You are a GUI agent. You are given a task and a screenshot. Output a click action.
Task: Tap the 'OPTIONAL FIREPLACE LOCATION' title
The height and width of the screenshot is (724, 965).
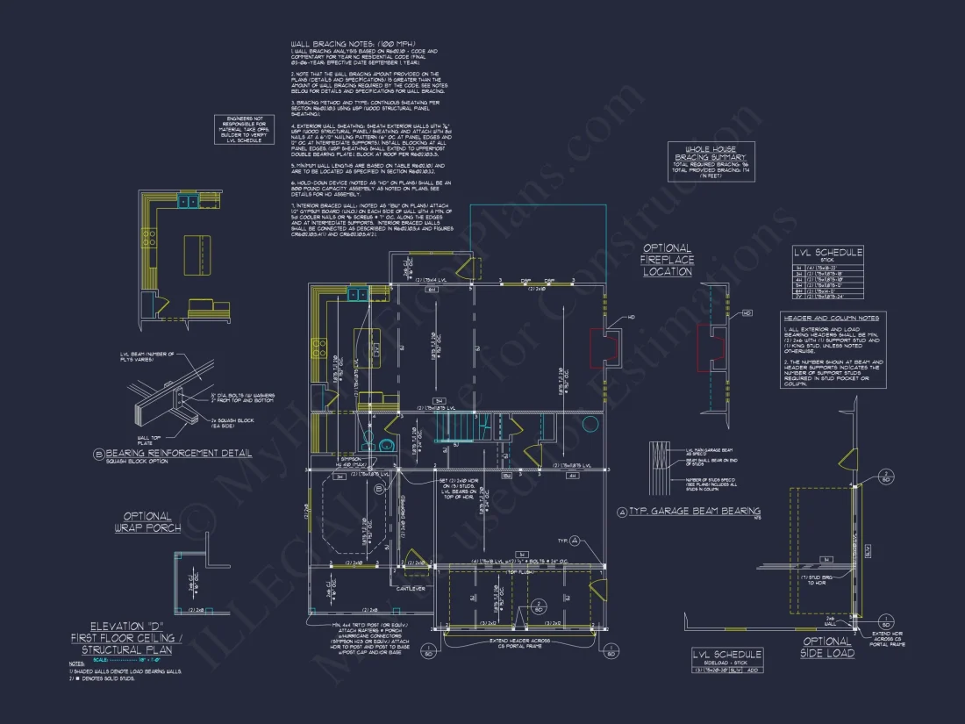pyautogui.click(x=668, y=260)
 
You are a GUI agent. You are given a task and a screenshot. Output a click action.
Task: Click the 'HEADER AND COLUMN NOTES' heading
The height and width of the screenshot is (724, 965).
pyautogui.click(x=831, y=318)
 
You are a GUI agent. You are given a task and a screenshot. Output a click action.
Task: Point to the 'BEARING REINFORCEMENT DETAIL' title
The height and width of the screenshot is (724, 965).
pyautogui.click(x=178, y=454)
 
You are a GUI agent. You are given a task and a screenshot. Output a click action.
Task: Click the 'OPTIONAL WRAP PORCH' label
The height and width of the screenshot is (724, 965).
pyautogui.click(x=147, y=522)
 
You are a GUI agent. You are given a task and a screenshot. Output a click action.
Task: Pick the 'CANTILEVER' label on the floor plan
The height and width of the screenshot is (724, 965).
pyautogui.click(x=411, y=587)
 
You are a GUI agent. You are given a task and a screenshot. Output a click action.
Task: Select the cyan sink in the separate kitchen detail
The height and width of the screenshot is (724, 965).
pyautogui.click(x=187, y=202)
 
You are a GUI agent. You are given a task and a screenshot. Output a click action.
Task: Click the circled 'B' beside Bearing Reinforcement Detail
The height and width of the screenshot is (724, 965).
pyautogui.click(x=99, y=455)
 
